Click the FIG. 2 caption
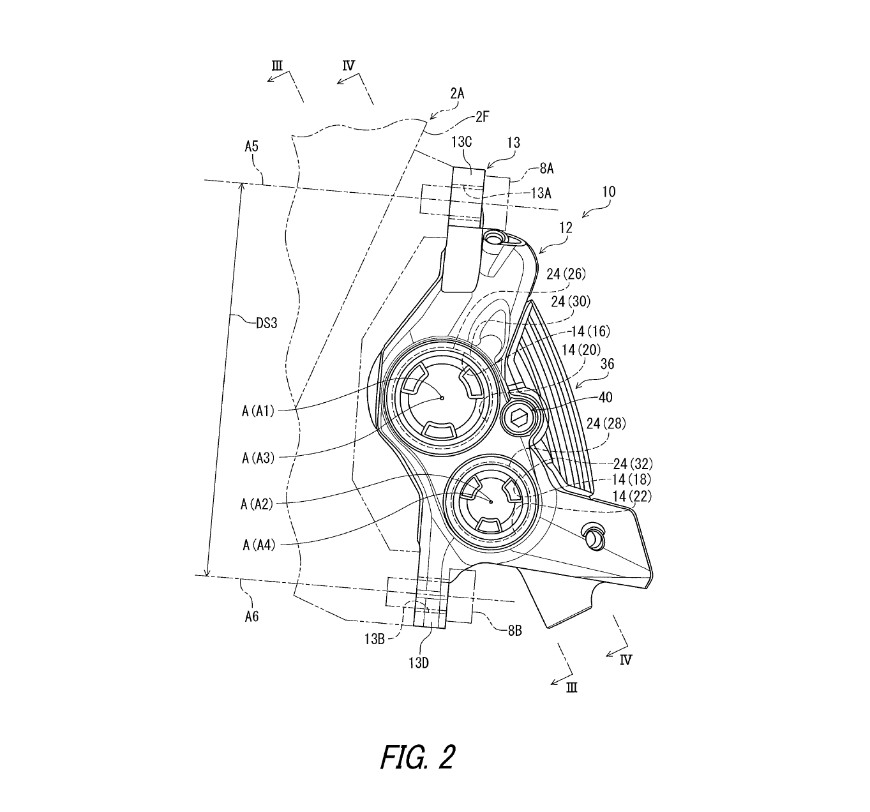417,758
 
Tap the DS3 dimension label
266,323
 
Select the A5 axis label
251,147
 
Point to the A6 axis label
251,617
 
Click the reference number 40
605,397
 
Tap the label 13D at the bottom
419,662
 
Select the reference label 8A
546,169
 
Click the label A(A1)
258,411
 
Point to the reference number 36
607,365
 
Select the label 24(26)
566,274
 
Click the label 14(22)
632,495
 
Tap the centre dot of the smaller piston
490,502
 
